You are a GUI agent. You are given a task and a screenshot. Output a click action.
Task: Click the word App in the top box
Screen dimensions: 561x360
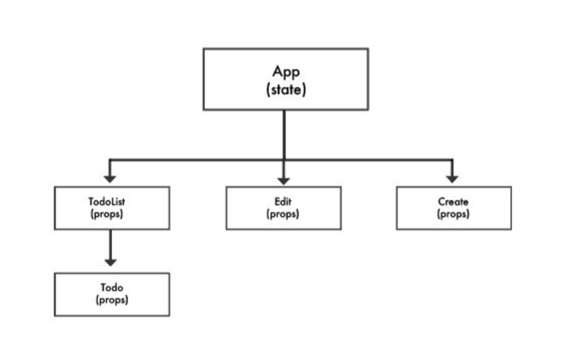[x=286, y=72]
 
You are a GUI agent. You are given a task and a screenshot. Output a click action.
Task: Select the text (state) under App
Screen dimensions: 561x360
[x=286, y=90]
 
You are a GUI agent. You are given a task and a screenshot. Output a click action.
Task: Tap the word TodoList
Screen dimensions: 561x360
[x=107, y=201]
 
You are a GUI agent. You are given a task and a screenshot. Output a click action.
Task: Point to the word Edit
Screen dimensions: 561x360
[x=283, y=201]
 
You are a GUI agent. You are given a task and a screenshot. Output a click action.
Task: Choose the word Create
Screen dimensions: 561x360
[x=453, y=201]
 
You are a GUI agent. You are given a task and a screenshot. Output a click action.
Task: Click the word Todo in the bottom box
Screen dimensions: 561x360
[x=112, y=288]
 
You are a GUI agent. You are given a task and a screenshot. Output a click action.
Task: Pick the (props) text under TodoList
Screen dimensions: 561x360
[x=107, y=214]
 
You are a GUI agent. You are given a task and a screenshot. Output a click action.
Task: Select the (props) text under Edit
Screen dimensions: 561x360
[x=283, y=214]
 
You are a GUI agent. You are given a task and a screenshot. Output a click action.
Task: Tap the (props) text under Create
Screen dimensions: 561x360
[x=453, y=214]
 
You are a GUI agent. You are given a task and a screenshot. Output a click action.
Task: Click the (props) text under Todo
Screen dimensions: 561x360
[x=112, y=300]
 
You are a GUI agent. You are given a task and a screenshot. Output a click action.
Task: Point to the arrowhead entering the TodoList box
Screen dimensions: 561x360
[x=110, y=179]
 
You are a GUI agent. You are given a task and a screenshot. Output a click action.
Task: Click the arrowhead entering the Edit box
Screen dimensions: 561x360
[x=284, y=181]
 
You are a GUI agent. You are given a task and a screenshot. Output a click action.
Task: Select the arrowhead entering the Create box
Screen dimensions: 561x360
[x=452, y=179]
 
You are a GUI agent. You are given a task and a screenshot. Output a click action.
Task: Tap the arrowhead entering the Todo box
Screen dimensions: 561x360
[x=110, y=263]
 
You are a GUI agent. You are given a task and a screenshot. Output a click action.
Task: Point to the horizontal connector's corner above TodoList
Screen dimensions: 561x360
[x=110, y=160]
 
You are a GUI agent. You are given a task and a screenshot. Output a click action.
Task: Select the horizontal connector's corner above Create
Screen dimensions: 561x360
[x=452, y=160]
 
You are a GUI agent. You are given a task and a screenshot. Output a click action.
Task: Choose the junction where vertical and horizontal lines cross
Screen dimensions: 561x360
[x=284, y=160]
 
